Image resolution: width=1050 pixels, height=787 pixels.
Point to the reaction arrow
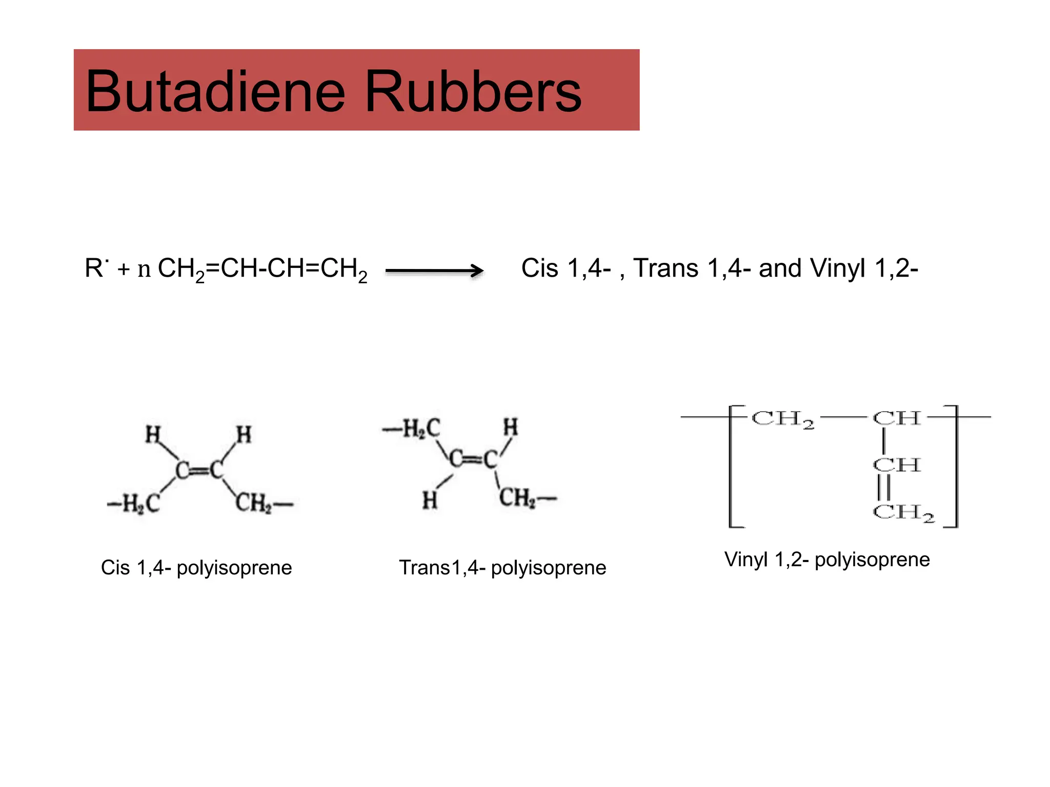point(434,271)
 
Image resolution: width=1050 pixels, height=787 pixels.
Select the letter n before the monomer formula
point(144,270)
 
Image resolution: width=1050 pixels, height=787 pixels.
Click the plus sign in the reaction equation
point(123,270)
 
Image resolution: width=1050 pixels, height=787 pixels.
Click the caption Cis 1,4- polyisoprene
point(196,568)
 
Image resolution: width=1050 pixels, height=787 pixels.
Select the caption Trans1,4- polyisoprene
point(502,568)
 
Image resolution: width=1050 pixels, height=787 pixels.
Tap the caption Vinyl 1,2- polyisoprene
point(827,560)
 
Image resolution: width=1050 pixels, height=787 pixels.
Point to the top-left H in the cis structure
point(153,434)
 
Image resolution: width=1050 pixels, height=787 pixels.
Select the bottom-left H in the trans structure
point(430,500)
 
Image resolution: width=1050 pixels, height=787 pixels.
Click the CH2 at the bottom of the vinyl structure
point(904,512)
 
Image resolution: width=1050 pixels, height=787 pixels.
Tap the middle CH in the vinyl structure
point(897,465)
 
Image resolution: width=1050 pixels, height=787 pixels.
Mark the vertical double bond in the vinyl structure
point(884,488)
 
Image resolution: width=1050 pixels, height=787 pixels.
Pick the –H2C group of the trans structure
point(412,429)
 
